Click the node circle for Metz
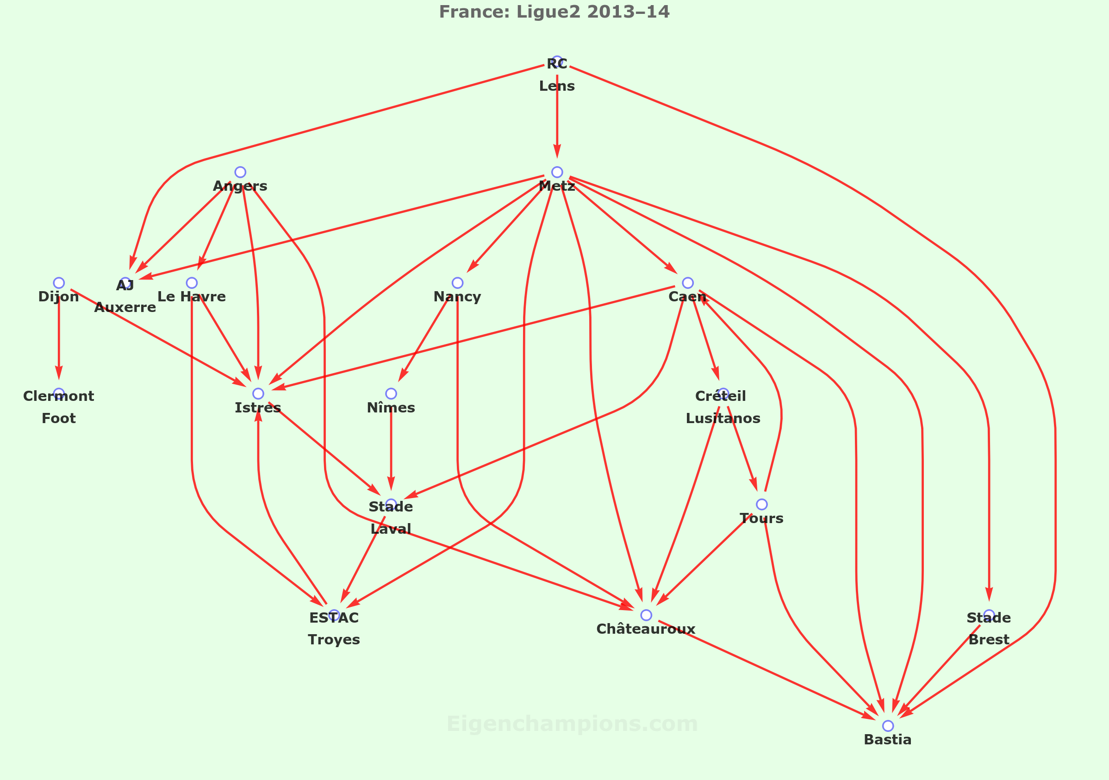(557, 172)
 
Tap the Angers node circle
(240, 172)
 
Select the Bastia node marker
(888, 725)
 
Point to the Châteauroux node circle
(646, 615)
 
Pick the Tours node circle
(761, 504)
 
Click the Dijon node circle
(59, 282)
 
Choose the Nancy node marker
(457, 282)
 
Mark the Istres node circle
(258, 393)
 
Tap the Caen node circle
(688, 282)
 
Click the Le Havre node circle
(192, 282)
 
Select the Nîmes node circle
(391, 393)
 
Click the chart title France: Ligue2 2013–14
(554, 12)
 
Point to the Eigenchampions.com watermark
(572, 724)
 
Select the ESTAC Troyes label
(334, 628)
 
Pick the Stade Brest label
(989, 628)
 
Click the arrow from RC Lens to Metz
(557, 116)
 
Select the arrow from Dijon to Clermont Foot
(59, 338)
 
